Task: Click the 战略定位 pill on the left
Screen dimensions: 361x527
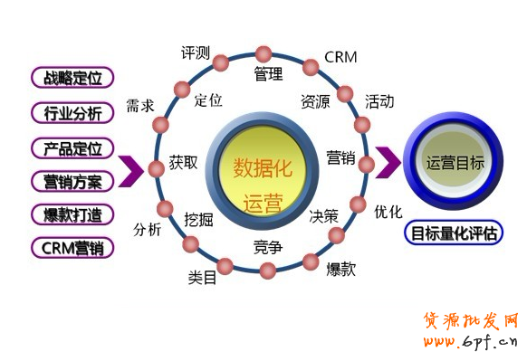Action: coord(72,77)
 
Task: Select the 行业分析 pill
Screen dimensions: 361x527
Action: coord(72,113)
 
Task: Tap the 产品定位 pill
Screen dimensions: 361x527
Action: coord(72,147)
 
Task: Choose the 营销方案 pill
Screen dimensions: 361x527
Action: coord(72,181)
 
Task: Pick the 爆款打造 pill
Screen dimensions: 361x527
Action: coord(72,215)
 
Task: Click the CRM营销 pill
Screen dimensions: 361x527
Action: coord(72,247)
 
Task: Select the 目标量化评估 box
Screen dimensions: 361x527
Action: coord(454,233)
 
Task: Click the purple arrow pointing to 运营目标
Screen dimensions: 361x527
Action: coord(388,164)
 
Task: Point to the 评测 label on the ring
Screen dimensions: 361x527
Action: coord(196,53)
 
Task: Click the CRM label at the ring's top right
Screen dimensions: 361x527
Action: coord(340,57)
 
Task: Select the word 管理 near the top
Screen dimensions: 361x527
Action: coord(268,75)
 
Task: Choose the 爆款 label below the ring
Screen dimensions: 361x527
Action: coord(340,268)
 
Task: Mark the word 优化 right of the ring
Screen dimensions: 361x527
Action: coord(388,212)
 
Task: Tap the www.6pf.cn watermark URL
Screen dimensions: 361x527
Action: coord(470,342)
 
